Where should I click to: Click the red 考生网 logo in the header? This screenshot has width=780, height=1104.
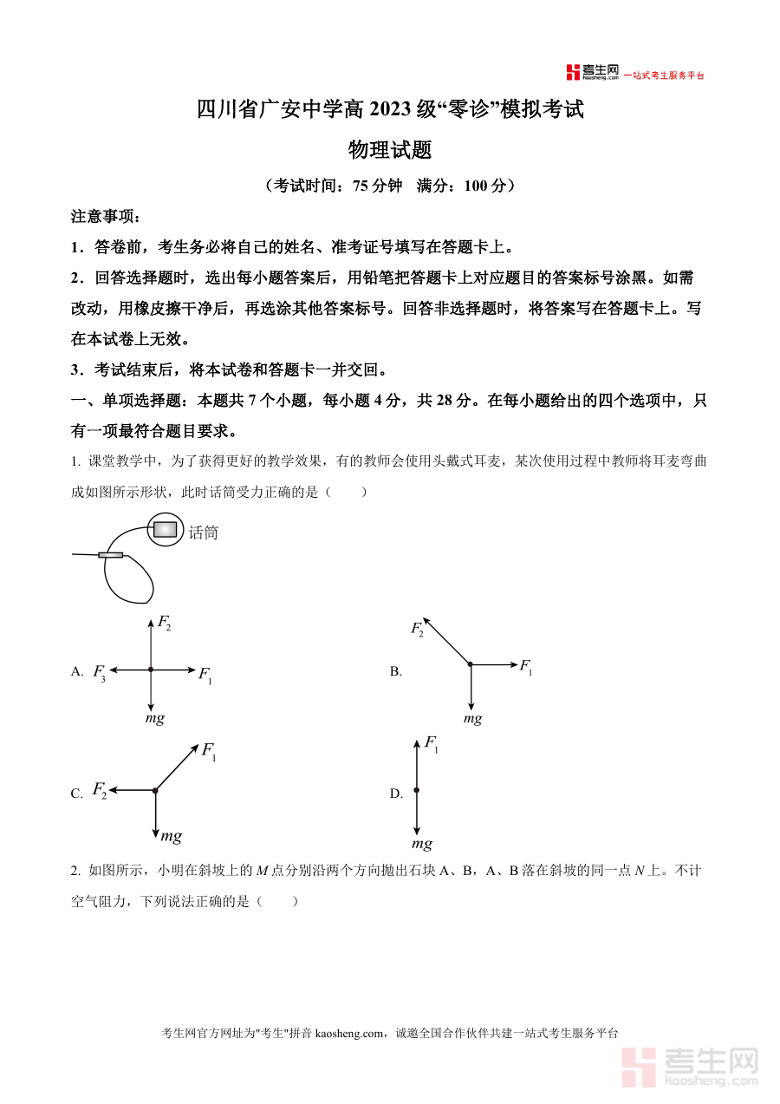(x=592, y=73)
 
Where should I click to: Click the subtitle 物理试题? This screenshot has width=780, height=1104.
(x=389, y=150)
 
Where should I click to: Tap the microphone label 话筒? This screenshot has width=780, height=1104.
(x=203, y=532)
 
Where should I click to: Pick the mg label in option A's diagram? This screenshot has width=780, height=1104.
(x=154, y=718)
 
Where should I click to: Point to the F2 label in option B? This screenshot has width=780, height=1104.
(x=418, y=629)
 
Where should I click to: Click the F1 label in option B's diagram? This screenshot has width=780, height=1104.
(x=526, y=666)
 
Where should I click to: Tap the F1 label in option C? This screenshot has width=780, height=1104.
(x=209, y=751)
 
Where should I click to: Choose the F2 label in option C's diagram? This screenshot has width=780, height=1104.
(x=100, y=790)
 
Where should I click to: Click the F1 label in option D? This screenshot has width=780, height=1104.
(x=431, y=743)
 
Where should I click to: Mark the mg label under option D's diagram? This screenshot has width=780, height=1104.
(x=422, y=844)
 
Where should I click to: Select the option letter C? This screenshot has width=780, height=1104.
(x=76, y=794)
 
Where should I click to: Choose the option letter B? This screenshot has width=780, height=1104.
(x=395, y=671)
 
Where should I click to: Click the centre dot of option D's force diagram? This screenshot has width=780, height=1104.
(x=417, y=790)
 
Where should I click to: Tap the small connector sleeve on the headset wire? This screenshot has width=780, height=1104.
(x=110, y=555)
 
